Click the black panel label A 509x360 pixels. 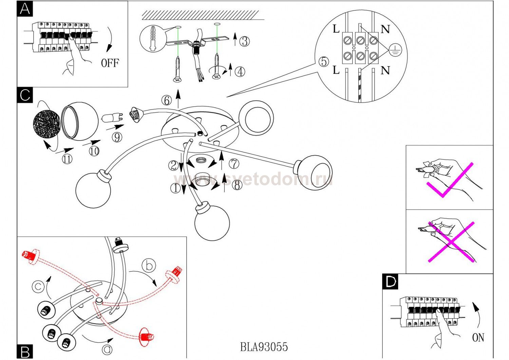click(x=25, y=9)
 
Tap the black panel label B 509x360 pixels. click(x=25, y=352)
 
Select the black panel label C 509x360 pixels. click(x=25, y=95)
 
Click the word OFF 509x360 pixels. click(x=110, y=63)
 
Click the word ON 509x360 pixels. click(x=478, y=338)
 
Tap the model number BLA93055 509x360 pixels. click(x=264, y=347)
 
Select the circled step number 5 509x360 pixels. click(x=324, y=61)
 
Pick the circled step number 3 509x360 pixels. click(x=244, y=41)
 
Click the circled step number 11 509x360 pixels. click(x=67, y=159)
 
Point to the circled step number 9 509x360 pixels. click(x=117, y=137)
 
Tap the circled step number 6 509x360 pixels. click(x=166, y=101)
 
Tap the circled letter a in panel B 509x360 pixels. click(x=107, y=349)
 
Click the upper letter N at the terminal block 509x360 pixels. click(x=385, y=30)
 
